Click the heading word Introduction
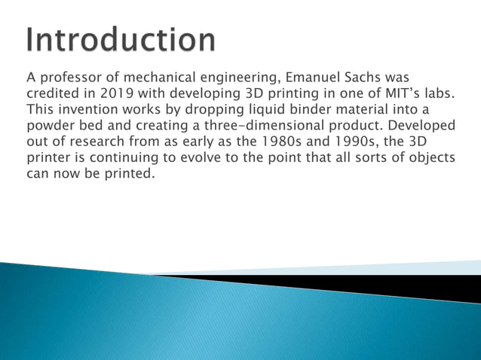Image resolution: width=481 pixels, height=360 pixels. pyautogui.click(x=121, y=39)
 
